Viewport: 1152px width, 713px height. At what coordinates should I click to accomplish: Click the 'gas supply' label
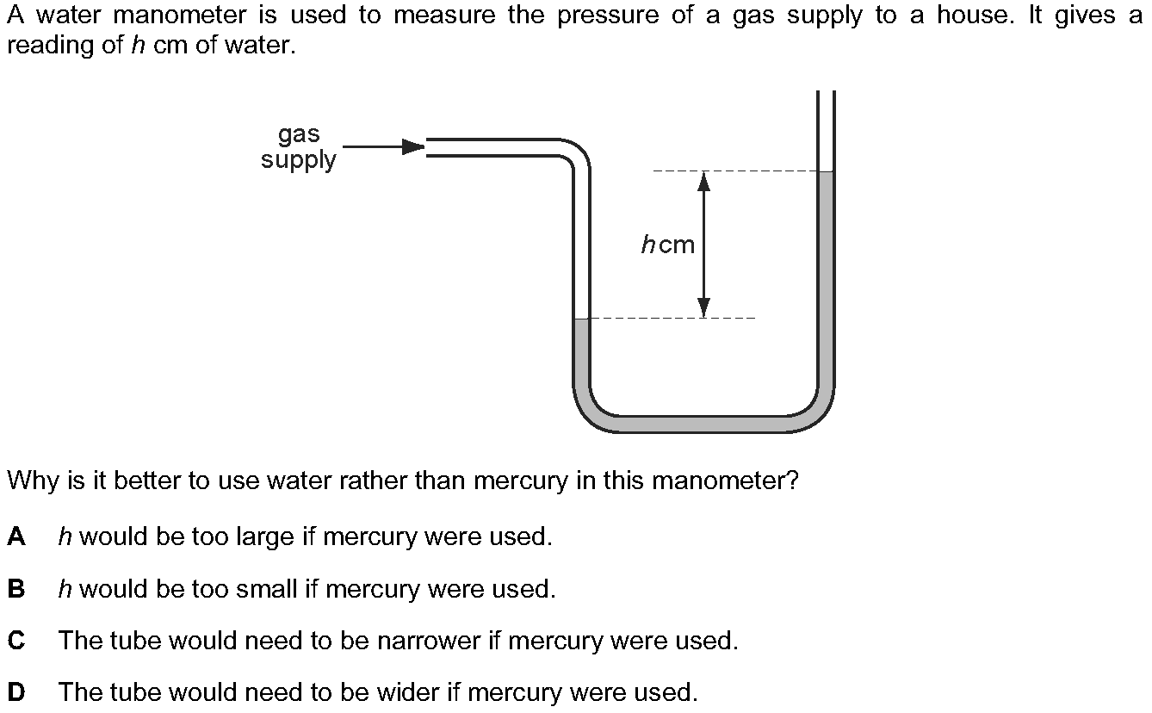(x=298, y=147)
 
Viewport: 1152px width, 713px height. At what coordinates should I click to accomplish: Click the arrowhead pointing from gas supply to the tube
(x=414, y=146)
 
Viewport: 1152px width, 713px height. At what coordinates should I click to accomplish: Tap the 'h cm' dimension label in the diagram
(x=667, y=245)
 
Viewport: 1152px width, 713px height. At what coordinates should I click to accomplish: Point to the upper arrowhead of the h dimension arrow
(x=704, y=181)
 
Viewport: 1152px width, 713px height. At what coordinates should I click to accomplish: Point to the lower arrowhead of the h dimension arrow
(x=704, y=307)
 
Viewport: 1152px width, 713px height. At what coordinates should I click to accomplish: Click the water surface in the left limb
(x=581, y=319)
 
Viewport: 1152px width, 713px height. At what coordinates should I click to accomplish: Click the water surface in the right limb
(x=826, y=172)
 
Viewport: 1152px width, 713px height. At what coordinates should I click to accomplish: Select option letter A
(x=15, y=537)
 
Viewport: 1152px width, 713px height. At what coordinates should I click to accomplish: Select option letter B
(x=15, y=590)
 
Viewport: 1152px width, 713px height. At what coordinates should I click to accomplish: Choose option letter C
(x=15, y=642)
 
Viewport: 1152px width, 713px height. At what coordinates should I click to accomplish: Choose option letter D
(x=15, y=692)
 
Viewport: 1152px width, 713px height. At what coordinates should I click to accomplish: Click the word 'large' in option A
(x=264, y=538)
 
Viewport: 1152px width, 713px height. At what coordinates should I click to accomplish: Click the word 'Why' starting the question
(x=32, y=480)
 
